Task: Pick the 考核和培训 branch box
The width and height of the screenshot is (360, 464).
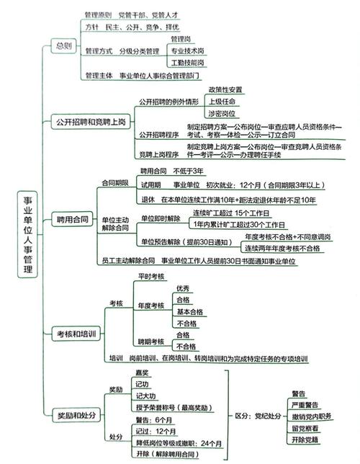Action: point(76,333)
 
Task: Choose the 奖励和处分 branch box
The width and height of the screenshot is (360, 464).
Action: point(76,414)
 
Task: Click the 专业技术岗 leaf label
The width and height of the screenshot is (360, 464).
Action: point(187,51)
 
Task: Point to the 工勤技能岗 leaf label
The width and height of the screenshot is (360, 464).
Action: point(187,63)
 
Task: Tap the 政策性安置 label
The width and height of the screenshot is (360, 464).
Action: point(225,89)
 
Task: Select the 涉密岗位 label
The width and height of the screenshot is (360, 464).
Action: point(221,114)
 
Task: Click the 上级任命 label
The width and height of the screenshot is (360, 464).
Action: point(221,102)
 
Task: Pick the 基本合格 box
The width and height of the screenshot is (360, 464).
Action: point(189,312)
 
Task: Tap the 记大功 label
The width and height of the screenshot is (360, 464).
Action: point(146,396)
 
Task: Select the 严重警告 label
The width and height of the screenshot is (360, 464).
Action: point(304,405)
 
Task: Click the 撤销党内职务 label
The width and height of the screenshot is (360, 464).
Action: point(310,416)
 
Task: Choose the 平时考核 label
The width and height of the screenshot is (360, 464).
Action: point(151,277)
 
